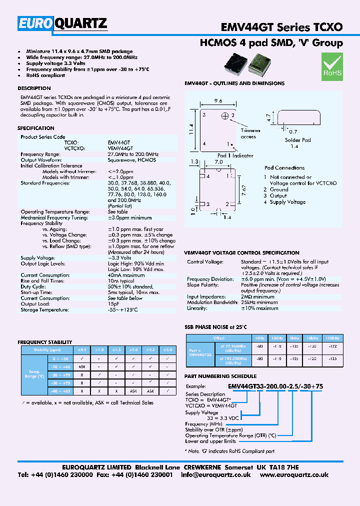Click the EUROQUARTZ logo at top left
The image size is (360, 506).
(x=62, y=23)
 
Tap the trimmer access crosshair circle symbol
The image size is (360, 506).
(x=225, y=116)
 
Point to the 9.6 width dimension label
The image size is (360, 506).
(x=218, y=100)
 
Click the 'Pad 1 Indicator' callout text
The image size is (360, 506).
(x=235, y=155)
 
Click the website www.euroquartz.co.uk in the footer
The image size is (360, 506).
(x=294, y=474)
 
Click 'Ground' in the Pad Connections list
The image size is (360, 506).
(x=279, y=189)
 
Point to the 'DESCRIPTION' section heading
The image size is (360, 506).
(x=34, y=88)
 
